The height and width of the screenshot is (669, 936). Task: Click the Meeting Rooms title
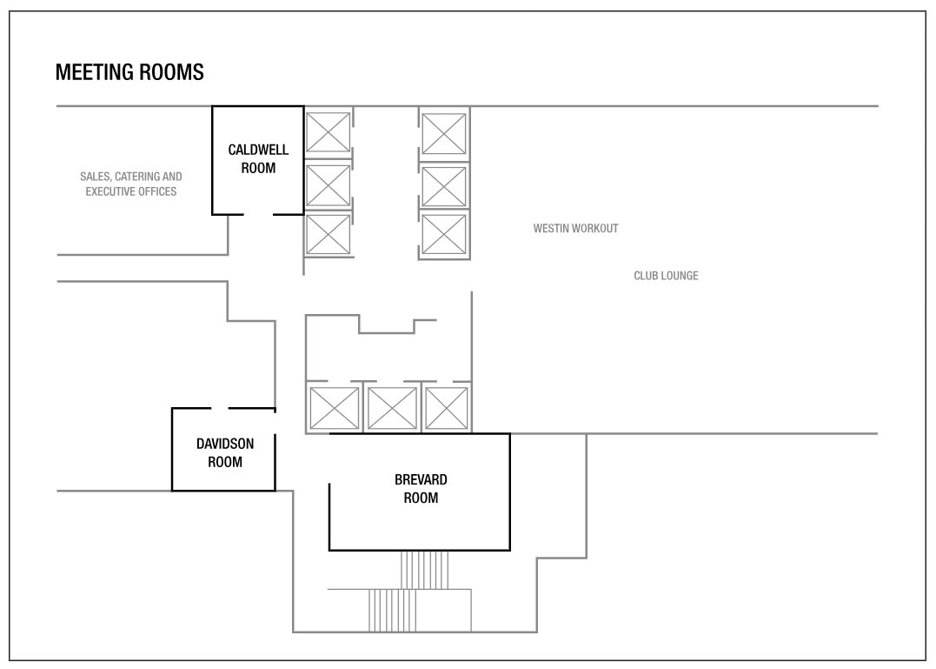coord(129,72)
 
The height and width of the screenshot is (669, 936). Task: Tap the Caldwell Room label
coord(258,159)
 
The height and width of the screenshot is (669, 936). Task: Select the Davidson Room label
coord(225,452)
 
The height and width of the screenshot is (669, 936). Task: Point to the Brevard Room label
coord(421,489)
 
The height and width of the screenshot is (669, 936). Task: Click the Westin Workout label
coord(575,228)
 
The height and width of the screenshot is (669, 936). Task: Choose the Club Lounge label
coord(666,276)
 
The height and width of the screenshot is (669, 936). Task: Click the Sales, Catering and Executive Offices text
coord(131,184)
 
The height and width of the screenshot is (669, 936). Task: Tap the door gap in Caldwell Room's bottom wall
coord(258,214)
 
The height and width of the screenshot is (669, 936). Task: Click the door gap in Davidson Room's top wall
coord(220,409)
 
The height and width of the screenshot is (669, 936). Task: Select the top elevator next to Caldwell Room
coord(328,132)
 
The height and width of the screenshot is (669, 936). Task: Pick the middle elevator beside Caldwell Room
coord(328,186)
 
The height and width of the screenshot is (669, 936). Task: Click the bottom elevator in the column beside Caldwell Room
coord(328,235)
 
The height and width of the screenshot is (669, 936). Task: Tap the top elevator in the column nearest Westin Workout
coord(443,134)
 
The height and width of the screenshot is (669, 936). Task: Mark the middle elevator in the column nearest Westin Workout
coord(443,187)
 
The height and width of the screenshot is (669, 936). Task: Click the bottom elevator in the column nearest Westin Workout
coord(443,235)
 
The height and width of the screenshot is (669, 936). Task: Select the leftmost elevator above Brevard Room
coord(335,409)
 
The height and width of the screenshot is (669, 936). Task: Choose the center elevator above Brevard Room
coord(392,409)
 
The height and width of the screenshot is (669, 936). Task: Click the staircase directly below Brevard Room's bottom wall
coord(424,571)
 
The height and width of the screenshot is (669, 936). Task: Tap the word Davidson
coord(225,444)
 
